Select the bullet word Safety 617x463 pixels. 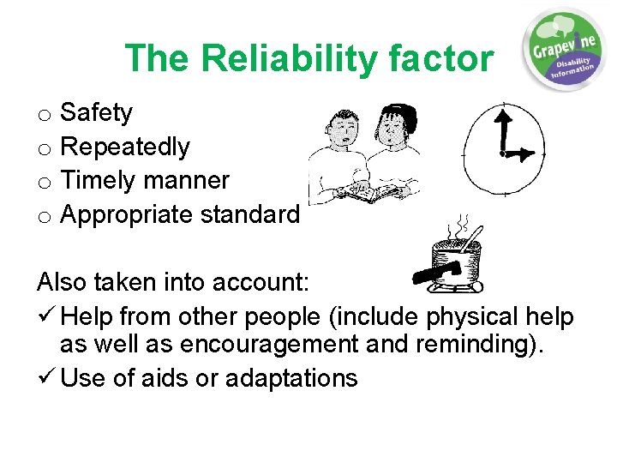pos(97,112)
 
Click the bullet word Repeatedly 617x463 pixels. pos(125,147)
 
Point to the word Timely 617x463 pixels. pos(99,181)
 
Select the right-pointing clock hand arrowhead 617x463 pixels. pos(527,155)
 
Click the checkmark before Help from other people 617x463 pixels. pos(46,317)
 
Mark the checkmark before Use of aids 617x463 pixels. pos(46,378)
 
